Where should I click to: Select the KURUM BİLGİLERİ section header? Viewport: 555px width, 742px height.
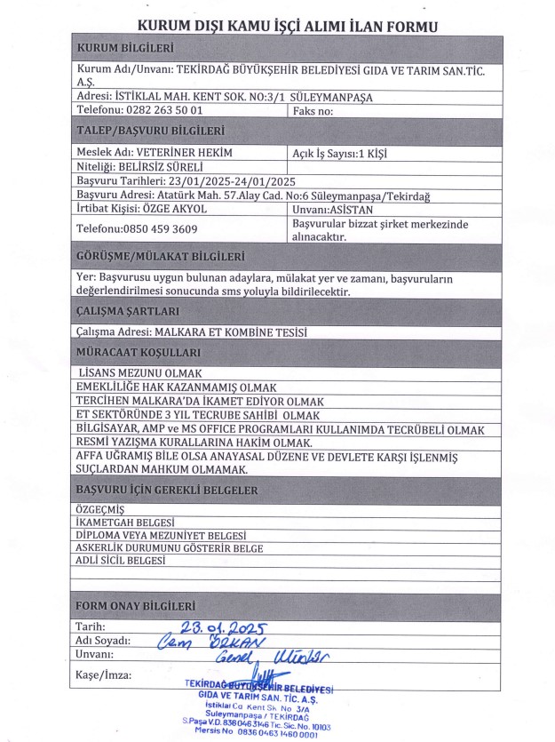[x=125, y=47]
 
